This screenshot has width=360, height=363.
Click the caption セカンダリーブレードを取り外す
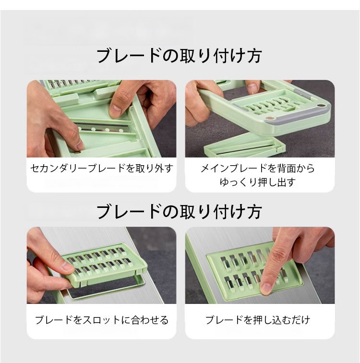(x=102, y=169)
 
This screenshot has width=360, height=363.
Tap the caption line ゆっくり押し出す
(x=258, y=182)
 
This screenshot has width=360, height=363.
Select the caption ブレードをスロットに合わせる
(x=102, y=320)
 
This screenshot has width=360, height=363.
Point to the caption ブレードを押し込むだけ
(x=258, y=320)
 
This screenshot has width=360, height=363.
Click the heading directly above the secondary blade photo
(x=179, y=56)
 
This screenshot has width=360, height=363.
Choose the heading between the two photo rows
(x=179, y=212)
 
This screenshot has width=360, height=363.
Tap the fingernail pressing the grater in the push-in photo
(x=266, y=288)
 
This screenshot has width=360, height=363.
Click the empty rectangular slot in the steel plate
(x=107, y=288)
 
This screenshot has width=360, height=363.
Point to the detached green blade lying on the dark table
(x=244, y=148)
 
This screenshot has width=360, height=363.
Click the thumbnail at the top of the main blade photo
(x=252, y=88)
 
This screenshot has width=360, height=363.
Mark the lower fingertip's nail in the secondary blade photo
(x=80, y=145)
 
